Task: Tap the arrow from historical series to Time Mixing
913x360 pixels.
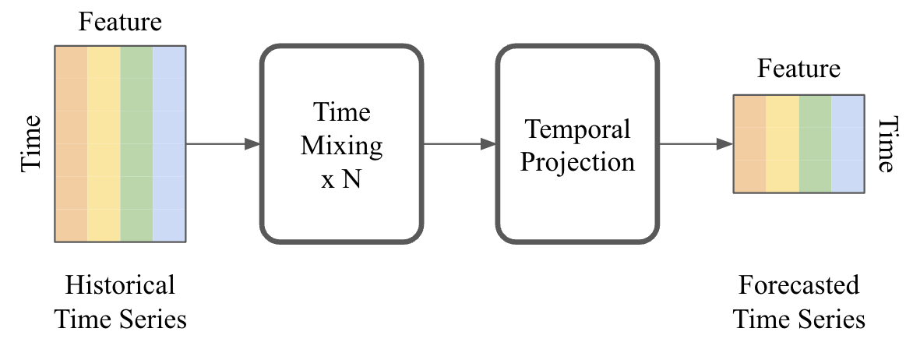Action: (x=223, y=143)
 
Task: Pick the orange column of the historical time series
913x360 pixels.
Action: (x=71, y=143)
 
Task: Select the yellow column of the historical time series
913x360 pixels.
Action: (x=104, y=143)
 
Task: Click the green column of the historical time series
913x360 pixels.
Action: (x=136, y=143)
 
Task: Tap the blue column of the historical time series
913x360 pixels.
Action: (x=169, y=143)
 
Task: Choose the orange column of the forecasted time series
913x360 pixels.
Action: (x=749, y=143)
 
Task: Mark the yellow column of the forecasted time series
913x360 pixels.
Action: (x=782, y=143)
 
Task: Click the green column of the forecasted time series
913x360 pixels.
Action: (x=815, y=143)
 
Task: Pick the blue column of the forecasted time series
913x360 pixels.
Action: (x=848, y=143)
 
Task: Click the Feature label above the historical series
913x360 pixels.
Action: (x=120, y=22)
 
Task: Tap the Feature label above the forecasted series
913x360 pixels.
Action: (x=799, y=69)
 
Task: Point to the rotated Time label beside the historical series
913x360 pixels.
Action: (x=30, y=143)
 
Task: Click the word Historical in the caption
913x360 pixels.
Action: (x=120, y=285)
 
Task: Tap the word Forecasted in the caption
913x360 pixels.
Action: (x=799, y=285)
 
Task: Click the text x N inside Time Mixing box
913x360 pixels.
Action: (x=341, y=179)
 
